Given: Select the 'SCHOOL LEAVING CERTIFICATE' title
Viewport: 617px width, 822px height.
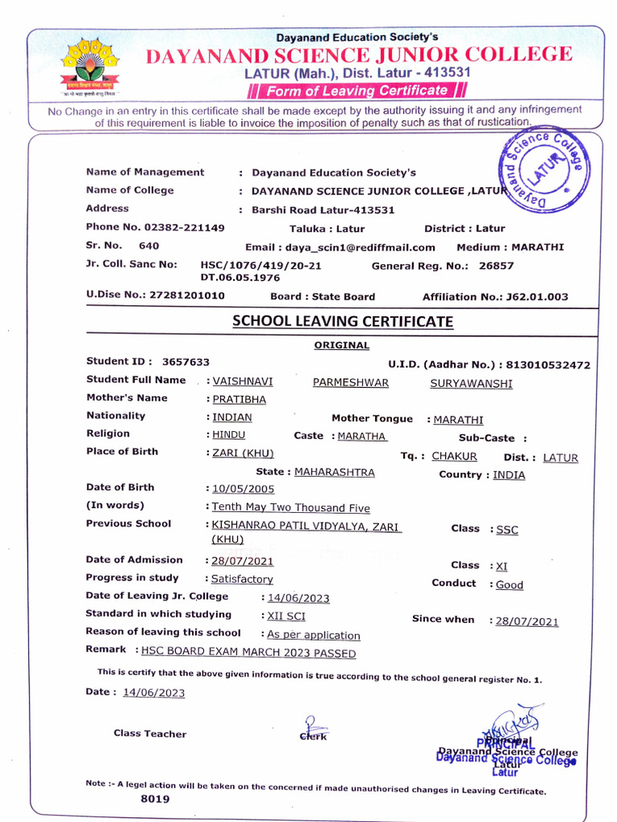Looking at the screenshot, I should coord(342,322).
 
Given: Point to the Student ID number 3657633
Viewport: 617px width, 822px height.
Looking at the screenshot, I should coord(186,362).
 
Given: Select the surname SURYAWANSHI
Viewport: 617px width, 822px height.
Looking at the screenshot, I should coord(471,384).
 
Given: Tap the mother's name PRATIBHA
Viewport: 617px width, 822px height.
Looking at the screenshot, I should coord(239,399).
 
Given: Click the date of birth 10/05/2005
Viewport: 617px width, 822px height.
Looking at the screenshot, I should coord(243,489).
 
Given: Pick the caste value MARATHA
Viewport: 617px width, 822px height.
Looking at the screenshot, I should coord(362,436).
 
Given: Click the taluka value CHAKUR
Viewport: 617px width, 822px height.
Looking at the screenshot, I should coord(454,457).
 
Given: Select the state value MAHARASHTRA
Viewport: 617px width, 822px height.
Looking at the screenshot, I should coord(334,472).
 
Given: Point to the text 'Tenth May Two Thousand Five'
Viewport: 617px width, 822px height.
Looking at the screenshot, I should coord(291,507).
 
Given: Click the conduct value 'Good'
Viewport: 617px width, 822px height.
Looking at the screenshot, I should coord(509,585).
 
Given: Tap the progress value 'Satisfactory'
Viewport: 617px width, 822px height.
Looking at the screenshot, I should coord(242,579).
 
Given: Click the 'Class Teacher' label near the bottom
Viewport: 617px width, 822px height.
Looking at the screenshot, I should coord(149,734).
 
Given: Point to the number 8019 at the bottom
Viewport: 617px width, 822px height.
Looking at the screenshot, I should coord(155,800).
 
